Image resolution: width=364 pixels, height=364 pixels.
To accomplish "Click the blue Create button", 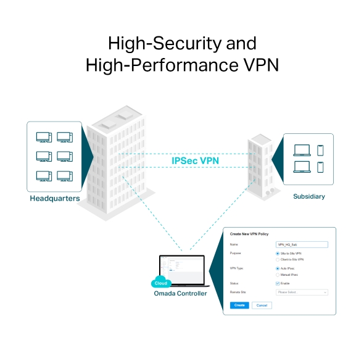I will [x=239, y=305].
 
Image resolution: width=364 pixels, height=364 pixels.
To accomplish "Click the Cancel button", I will [x=262, y=305].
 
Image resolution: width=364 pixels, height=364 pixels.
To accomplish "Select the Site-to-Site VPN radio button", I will [x=278, y=254].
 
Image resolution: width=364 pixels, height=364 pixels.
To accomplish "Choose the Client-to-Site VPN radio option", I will [x=278, y=260].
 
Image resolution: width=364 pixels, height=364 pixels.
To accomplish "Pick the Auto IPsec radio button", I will [x=278, y=268].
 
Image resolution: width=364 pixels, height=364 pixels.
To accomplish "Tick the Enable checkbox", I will [x=278, y=283].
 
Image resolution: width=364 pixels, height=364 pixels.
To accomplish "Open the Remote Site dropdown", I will [x=302, y=292].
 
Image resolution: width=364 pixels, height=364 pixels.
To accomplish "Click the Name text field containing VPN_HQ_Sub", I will [x=302, y=244].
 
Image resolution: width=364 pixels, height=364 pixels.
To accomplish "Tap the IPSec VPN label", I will [x=195, y=160].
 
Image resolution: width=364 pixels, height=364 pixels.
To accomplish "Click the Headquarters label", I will [x=54, y=199].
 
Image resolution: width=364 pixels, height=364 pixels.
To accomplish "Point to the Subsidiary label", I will [x=308, y=196].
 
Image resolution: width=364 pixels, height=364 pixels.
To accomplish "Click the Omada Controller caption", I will [x=180, y=293].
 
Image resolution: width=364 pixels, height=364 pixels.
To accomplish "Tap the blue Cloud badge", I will [x=160, y=283].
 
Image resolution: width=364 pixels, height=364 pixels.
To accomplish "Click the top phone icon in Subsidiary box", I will [x=320, y=150].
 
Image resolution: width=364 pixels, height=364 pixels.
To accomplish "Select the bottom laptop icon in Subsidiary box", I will [x=302, y=167].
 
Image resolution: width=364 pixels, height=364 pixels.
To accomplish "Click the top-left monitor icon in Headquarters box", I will [x=44, y=137].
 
